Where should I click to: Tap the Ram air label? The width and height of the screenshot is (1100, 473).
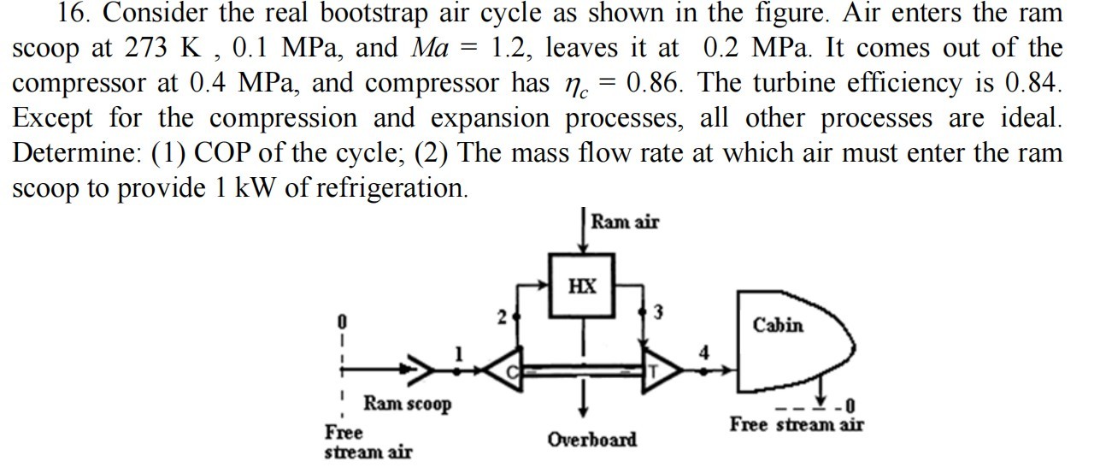625,222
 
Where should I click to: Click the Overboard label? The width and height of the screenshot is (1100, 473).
592,440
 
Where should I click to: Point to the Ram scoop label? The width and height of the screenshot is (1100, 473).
408,402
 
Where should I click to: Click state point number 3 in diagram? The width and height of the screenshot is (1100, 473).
658,311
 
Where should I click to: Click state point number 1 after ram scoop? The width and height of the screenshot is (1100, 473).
458,352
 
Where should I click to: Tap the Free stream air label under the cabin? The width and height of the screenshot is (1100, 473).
796,424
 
